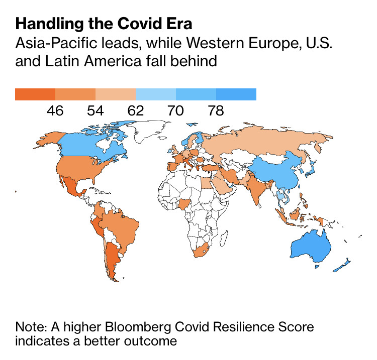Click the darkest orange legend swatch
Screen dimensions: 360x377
(x=35, y=94)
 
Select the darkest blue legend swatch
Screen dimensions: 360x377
(x=236, y=94)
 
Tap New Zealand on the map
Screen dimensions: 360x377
(x=343, y=264)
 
